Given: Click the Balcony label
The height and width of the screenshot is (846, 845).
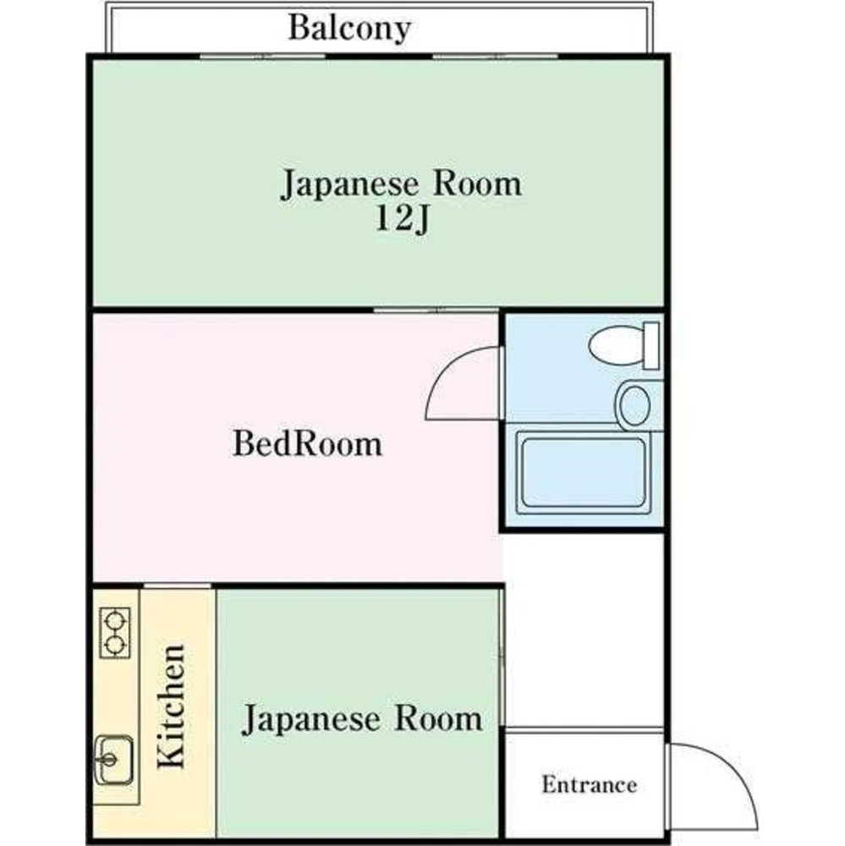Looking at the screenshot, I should tap(348, 28).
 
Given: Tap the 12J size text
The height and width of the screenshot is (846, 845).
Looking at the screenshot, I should tap(400, 219).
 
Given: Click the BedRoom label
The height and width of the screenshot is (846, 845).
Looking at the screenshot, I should tap(307, 443).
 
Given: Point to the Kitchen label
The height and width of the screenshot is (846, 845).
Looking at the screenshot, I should tap(171, 707).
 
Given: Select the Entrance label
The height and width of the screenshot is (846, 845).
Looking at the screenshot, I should tap(589, 784).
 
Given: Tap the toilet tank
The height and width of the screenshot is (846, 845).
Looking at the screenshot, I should tap(651, 344).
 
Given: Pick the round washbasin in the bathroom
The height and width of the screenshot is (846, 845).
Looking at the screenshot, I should tap(634, 405).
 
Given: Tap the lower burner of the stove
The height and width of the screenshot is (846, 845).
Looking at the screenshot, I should tap(114, 646).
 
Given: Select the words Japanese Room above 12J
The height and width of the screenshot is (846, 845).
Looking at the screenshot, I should tap(400, 184).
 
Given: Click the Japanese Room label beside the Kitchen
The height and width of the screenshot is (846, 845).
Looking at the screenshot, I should tap(362, 719).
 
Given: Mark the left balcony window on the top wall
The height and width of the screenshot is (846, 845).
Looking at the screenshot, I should tap(262, 57).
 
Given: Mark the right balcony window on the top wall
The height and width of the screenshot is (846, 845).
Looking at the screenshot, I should tap(495, 57).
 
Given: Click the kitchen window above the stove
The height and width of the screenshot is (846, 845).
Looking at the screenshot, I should tap(177, 585).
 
